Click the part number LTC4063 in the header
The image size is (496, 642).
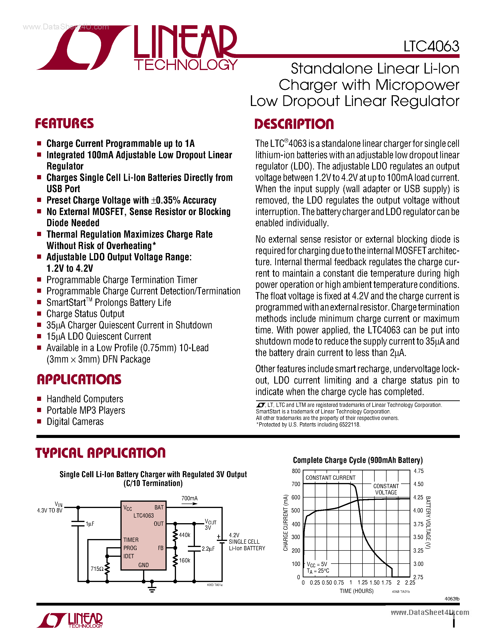pos(431,46)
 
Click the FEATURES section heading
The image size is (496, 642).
pos(64,123)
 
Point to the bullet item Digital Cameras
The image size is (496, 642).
pos(75,422)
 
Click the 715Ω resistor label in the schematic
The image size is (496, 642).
pos(97,569)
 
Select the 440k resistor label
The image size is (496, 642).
pos(185,535)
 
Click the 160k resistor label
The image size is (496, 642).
pos(185,560)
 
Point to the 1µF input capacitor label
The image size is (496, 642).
pos(90,524)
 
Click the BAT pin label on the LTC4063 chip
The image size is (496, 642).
pos(159,507)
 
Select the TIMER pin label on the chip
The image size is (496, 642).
pos(131,540)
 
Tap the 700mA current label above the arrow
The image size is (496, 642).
pos(189,498)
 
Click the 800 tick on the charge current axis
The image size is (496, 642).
pos(296,471)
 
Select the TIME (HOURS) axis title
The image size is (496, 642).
pos(356,591)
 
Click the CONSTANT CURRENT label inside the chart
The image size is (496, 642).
pos(330,478)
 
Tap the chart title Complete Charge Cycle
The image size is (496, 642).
pos(358,460)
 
